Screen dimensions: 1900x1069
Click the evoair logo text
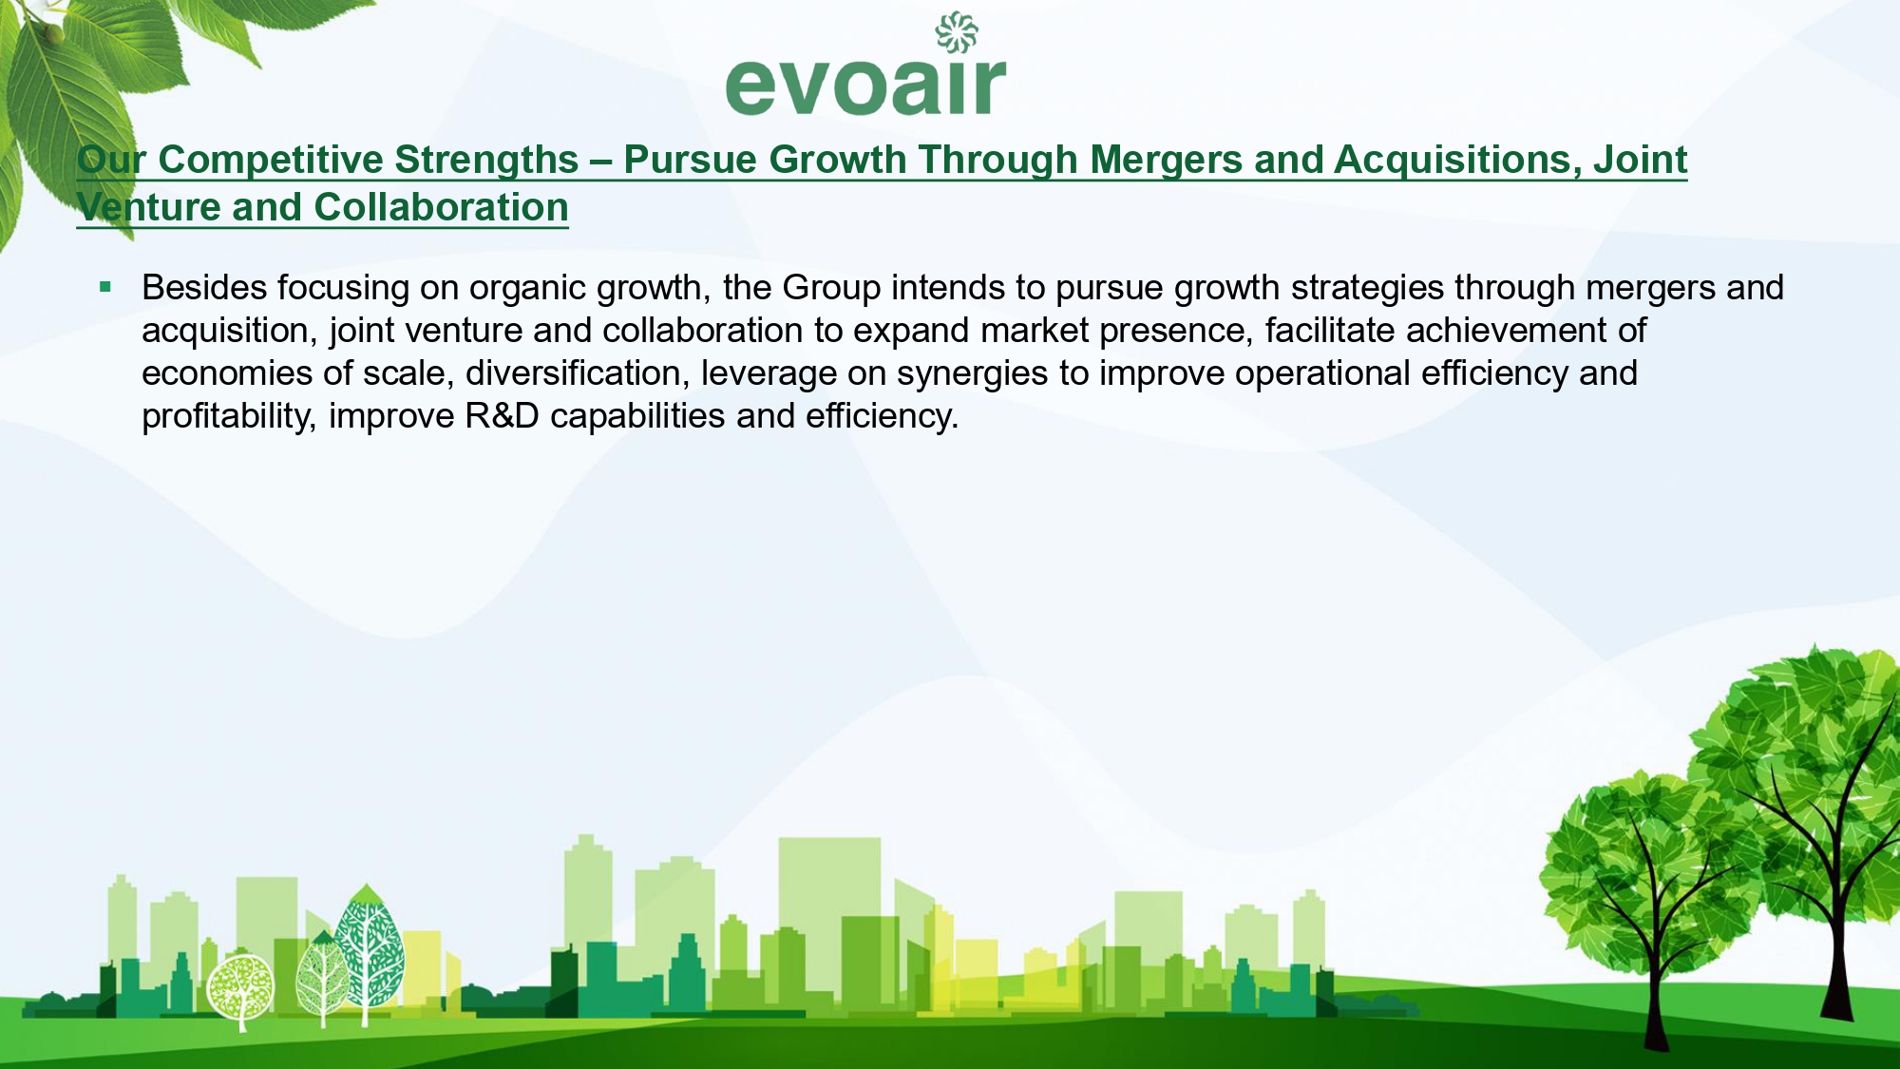[x=865, y=86]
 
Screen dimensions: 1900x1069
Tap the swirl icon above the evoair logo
[x=957, y=32]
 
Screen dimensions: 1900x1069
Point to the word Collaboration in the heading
[x=442, y=207]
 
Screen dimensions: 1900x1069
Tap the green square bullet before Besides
[x=105, y=286]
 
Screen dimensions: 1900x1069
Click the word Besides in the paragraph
[x=204, y=287]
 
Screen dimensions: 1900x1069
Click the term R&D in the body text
[x=502, y=416]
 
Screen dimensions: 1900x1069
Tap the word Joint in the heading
[x=1641, y=160]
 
